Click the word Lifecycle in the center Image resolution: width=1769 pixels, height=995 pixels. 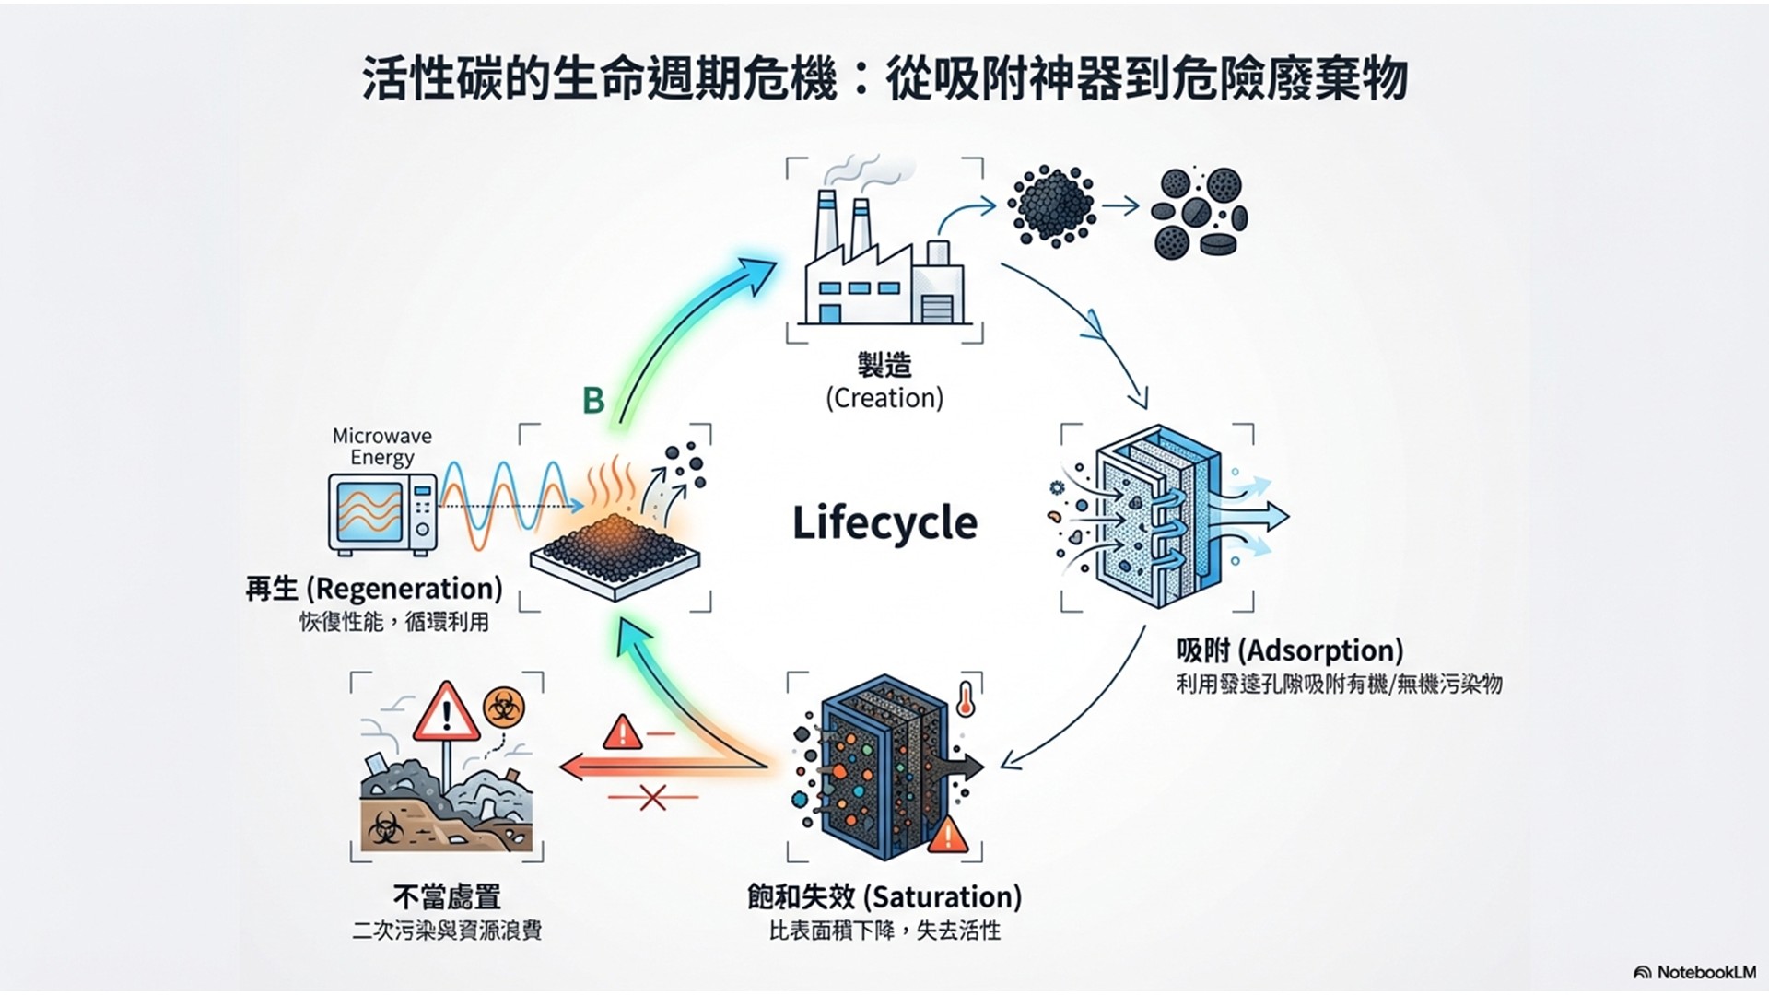884,523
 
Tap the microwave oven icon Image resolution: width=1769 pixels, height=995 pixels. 382,514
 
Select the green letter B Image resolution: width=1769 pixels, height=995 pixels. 593,400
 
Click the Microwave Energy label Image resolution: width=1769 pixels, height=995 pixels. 381,447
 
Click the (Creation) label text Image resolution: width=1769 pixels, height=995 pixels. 884,398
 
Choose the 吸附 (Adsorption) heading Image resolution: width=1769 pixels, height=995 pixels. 1289,650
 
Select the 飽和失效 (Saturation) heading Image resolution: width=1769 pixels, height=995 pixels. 884,896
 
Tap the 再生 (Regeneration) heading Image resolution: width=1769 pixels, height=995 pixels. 374,589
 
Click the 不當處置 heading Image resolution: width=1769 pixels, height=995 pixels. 447,896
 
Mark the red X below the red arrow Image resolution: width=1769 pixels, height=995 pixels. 652,797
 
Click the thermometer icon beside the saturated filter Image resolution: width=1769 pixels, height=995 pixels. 966,699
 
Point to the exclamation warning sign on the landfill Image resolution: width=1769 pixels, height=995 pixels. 447,713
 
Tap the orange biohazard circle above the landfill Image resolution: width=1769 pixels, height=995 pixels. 503,708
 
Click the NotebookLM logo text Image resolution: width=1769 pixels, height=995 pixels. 1695,972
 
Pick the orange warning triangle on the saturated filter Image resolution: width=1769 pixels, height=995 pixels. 947,837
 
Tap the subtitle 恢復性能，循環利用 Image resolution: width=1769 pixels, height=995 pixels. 394,622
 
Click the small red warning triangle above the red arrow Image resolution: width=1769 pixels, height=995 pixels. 622,733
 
